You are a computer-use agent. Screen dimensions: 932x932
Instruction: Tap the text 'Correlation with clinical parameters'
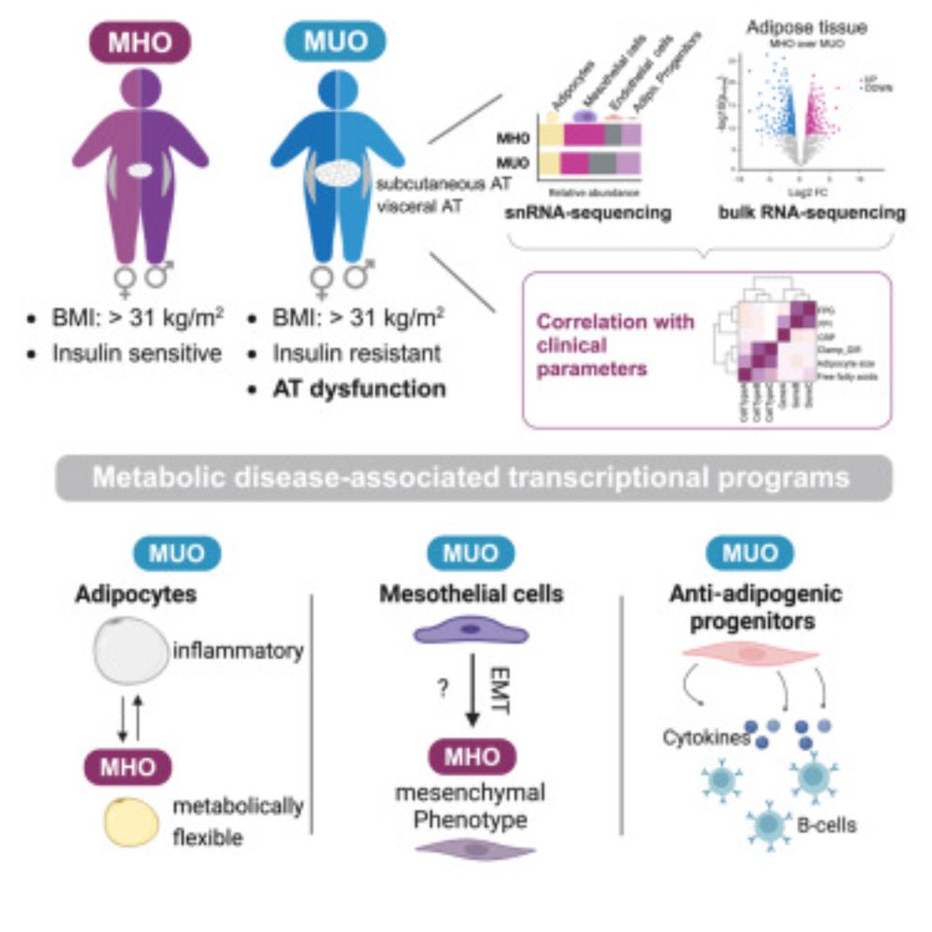(x=614, y=342)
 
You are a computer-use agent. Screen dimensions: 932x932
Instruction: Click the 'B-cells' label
(x=828, y=825)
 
